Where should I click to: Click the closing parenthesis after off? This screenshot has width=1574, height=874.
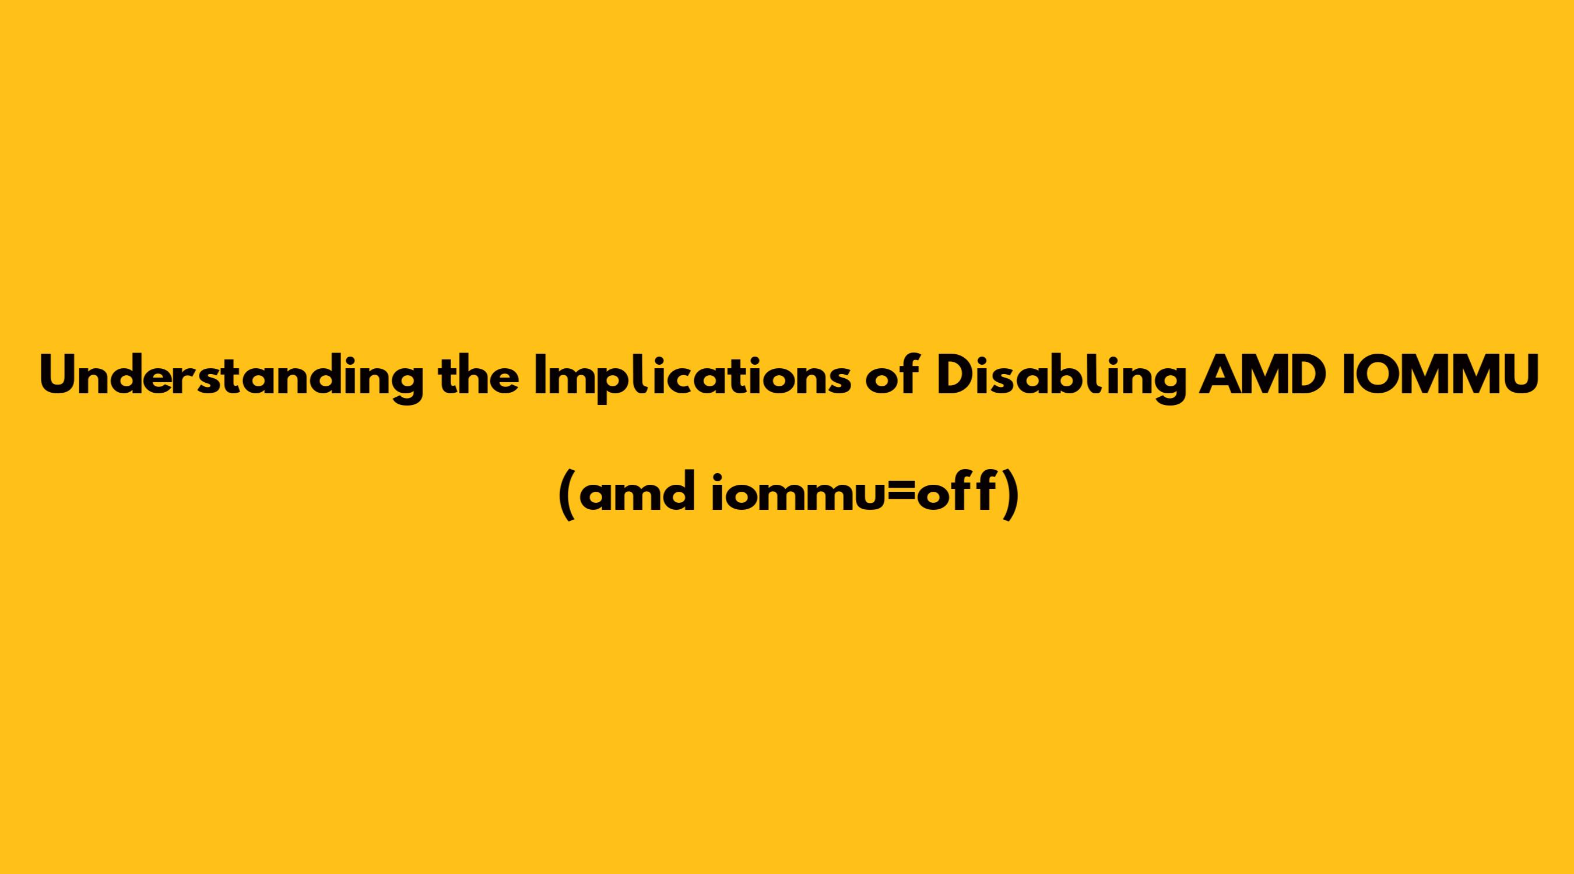1010,496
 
